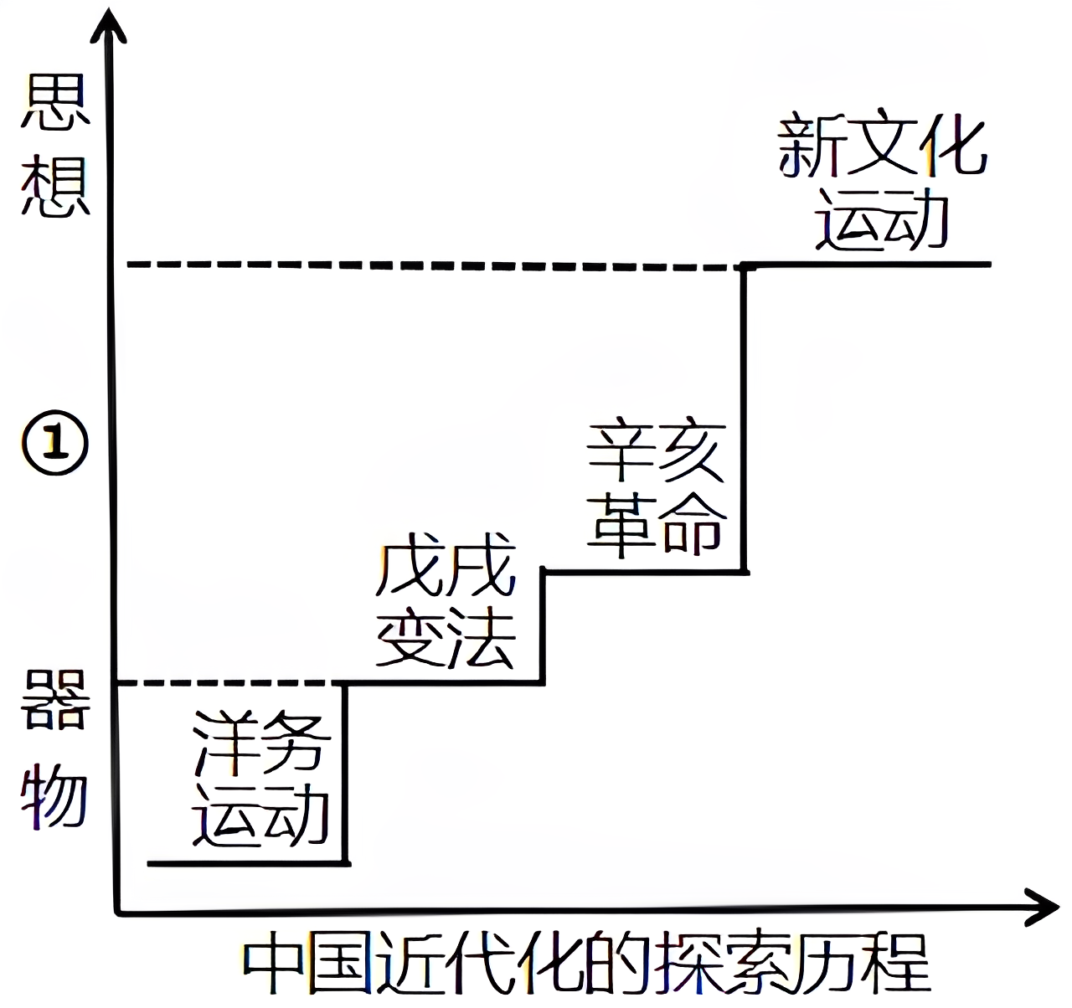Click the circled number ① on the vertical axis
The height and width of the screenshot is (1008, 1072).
54,445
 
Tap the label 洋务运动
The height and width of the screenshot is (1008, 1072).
260,779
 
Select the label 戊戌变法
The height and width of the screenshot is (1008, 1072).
446,607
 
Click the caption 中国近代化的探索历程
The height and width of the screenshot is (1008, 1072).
586,963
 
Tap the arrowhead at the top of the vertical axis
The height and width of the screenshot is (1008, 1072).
111,25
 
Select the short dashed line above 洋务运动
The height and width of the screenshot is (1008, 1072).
230,684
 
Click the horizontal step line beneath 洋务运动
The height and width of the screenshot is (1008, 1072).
247,862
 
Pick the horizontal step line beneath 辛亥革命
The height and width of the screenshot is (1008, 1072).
645,572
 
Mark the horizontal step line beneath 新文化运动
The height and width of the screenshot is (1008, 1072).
871,265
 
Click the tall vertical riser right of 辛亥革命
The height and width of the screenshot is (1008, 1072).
744,419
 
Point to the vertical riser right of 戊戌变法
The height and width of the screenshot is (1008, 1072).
544,628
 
